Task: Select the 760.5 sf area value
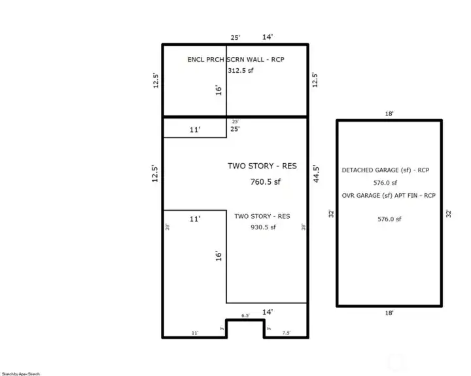tap(265, 181)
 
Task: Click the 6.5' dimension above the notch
tap(245, 316)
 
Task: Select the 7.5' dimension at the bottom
tap(286, 333)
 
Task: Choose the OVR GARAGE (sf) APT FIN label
tap(389, 195)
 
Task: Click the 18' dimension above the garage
tap(389, 113)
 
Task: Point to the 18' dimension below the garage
tap(389, 313)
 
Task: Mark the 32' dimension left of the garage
tap(331, 214)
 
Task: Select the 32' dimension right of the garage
tap(449, 214)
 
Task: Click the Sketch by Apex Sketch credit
tap(20, 373)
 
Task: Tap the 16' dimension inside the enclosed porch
tap(219, 89)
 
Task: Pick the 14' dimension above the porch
tap(268, 37)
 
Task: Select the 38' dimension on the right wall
tap(303, 227)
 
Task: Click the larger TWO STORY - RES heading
tap(262, 166)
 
